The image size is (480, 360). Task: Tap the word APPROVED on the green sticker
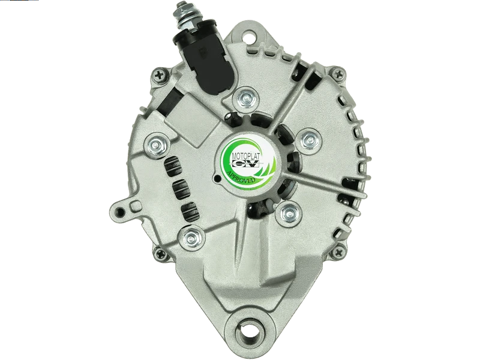click(241, 177)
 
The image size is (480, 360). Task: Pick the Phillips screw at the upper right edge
click(339, 73)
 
